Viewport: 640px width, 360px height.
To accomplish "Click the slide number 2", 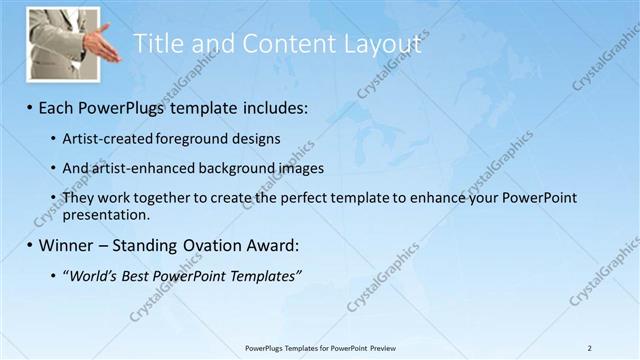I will tap(590, 347).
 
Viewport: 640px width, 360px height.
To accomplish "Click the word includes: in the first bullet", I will tap(272, 106).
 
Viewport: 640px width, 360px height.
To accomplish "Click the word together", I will tap(168, 198).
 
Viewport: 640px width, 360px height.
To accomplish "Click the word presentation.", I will tap(106, 214).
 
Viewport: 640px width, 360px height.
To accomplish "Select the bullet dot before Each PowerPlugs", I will tap(29, 106).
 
